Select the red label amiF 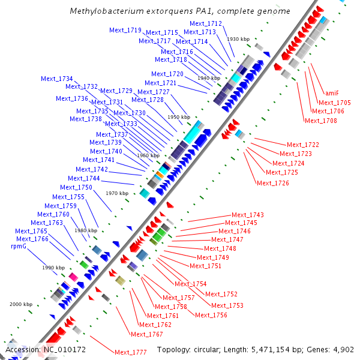pyautogui.click(x=331, y=93)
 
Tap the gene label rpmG pyautogui.click(x=19, y=246)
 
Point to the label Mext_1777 pyautogui.click(x=131, y=352)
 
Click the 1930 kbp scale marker pyautogui.click(x=238, y=39)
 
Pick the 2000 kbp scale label pyautogui.click(x=21, y=304)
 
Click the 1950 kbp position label pyautogui.click(x=179, y=117)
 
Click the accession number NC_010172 pyautogui.click(x=65, y=349)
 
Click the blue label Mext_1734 pyautogui.click(x=57, y=79)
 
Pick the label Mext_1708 pyautogui.click(x=320, y=121)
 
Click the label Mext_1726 pyautogui.click(x=273, y=183)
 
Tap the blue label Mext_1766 pyautogui.click(x=32, y=239)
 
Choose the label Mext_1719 pyautogui.click(x=125, y=30)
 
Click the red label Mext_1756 pyautogui.click(x=211, y=315)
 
